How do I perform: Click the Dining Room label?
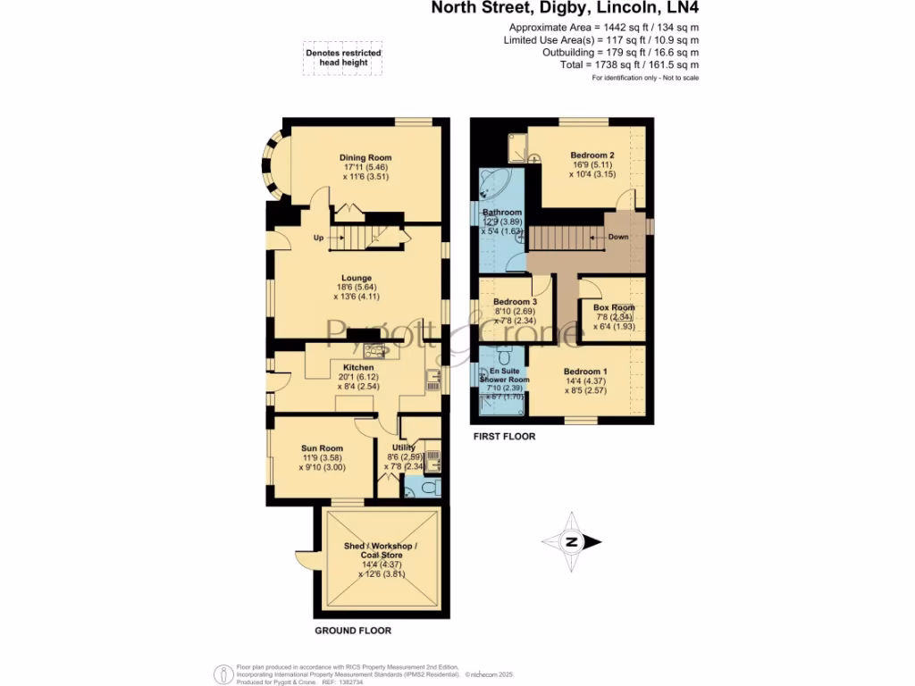pyautogui.click(x=365, y=158)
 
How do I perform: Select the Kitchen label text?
pyautogui.click(x=357, y=367)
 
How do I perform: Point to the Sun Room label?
pyautogui.click(x=322, y=448)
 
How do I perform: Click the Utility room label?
pyautogui.click(x=404, y=448)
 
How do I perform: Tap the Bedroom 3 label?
pyautogui.click(x=515, y=302)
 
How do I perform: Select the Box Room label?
pyautogui.click(x=614, y=307)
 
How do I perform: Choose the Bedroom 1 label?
pyautogui.click(x=585, y=372)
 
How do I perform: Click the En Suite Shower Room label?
pyautogui.click(x=504, y=375)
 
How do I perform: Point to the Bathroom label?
pyautogui.click(x=502, y=213)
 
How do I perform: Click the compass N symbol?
pyautogui.click(x=572, y=542)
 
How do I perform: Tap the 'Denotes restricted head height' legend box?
pyautogui.click(x=344, y=58)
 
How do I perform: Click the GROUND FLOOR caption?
pyautogui.click(x=353, y=631)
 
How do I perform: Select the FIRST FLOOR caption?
pyautogui.click(x=504, y=437)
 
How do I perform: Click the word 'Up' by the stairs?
pyautogui.click(x=318, y=238)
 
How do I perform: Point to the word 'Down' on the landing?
pyautogui.click(x=618, y=238)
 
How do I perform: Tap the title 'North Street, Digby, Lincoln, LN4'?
pyautogui.click(x=566, y=9)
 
